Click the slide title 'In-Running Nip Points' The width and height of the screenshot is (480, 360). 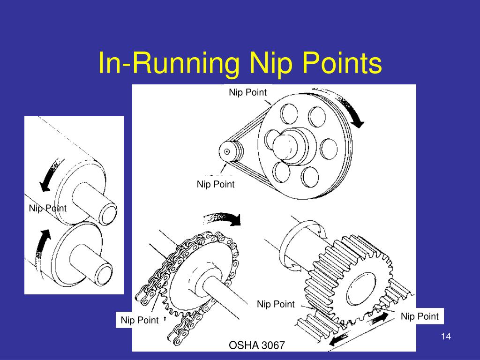tap(240, 63)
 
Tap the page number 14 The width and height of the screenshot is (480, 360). tap(446, 337)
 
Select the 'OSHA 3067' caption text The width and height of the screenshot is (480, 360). tap(256, 345)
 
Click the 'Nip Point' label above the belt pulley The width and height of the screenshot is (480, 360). tap(247, 92)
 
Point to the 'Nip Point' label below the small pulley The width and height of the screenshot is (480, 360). tap(216, 184)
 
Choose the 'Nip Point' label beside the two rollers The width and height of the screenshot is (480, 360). tap(47, 208)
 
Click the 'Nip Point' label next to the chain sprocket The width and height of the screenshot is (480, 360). tap(140, 320)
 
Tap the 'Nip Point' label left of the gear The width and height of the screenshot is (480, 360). tap(276, 304)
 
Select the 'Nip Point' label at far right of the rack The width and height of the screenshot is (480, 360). tap(420, 316)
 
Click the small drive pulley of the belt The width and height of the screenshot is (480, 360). tap(231, 151)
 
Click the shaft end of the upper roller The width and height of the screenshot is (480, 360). tap(109, 214)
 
